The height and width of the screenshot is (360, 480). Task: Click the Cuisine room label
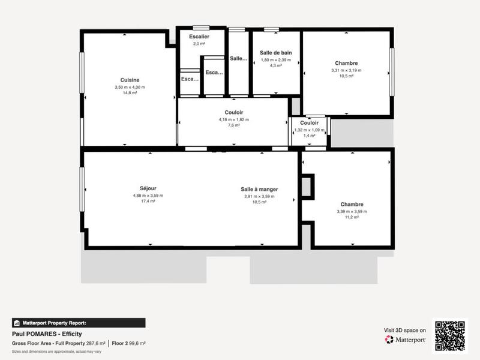click(130, 80)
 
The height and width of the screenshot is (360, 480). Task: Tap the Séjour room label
click(148, 188)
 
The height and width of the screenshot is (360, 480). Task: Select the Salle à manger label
click(259, 189)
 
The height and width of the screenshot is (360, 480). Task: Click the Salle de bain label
click(275, 53)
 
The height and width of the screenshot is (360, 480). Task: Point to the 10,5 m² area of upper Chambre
click(346, 77)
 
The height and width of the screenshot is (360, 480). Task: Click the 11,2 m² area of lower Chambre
click(352, 218)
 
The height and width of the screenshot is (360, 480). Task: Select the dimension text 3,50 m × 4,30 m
click(130, 87)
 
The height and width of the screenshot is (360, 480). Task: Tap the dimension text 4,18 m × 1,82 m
click(233, 119)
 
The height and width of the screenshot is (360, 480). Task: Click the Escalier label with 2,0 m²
click(199, 37)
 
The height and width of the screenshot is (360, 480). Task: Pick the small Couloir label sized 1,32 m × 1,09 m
click(309, 123)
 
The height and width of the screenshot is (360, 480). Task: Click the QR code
click(450, 335)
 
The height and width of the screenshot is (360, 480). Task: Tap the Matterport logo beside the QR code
click(405, 339)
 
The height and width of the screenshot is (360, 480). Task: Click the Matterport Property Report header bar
click(79, 322)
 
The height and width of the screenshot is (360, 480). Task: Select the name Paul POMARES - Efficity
click(47, 334)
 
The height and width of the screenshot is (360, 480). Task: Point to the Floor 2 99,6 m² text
click(129, 343)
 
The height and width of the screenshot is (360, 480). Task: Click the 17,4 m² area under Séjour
click(148, 202)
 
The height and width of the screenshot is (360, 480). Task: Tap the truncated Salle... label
click(238, 58)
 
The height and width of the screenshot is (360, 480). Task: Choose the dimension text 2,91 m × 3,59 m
click(259, 196)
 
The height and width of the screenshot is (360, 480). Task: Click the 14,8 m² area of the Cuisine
click(130, 94)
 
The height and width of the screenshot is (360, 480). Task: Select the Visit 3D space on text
click(405, 330)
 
